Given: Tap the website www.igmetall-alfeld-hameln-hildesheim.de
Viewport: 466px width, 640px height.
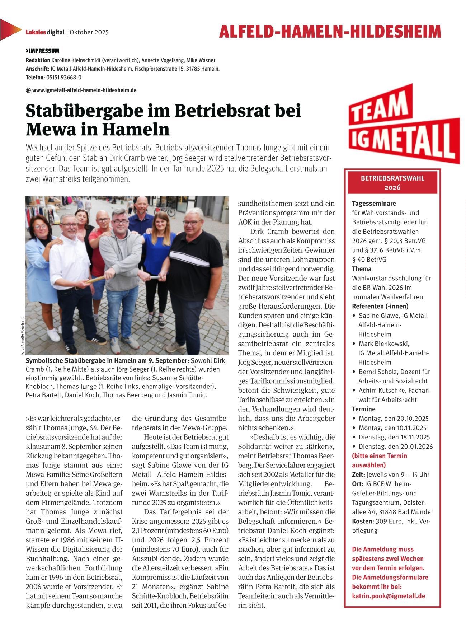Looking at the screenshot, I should point(84,90).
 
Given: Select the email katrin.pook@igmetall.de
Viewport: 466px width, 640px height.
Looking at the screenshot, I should point(388,596).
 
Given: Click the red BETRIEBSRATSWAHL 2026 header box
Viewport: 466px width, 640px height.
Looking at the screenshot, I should point(392,183).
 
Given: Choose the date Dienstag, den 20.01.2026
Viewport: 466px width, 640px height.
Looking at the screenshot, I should point(395,447).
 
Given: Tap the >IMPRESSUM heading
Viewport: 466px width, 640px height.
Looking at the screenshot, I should point(42,51).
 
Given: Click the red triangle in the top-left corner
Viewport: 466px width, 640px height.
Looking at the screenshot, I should point(9,30).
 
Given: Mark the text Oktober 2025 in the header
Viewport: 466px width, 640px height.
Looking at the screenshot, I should point(89,32).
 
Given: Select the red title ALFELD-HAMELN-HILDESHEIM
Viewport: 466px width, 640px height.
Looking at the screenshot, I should point(329,32).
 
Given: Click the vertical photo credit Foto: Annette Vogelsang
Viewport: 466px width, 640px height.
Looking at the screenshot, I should point(22,336).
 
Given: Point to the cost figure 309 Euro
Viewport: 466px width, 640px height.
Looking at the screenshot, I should point(385,521).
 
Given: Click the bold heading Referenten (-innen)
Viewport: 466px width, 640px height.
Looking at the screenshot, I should point(380,306).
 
